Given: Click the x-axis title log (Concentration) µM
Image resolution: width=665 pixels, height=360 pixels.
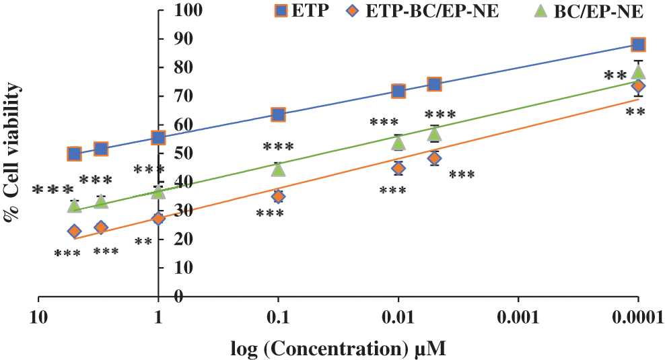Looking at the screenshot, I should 339,349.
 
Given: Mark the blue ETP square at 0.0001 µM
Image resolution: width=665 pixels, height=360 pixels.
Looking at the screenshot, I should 638,44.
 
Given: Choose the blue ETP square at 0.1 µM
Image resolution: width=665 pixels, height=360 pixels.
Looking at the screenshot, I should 278,114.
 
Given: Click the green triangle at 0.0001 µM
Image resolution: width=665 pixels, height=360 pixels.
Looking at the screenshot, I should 638,72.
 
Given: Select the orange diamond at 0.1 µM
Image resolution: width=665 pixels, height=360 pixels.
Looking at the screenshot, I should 278,196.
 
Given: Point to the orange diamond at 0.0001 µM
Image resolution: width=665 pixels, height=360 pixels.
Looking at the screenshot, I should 638,85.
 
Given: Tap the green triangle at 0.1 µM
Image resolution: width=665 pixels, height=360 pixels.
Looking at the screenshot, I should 278,168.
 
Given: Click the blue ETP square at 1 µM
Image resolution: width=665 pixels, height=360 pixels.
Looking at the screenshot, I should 158,138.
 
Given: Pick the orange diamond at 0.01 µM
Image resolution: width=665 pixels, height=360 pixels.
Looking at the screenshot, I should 398,168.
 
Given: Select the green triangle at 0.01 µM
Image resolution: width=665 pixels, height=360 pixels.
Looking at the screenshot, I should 398,143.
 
